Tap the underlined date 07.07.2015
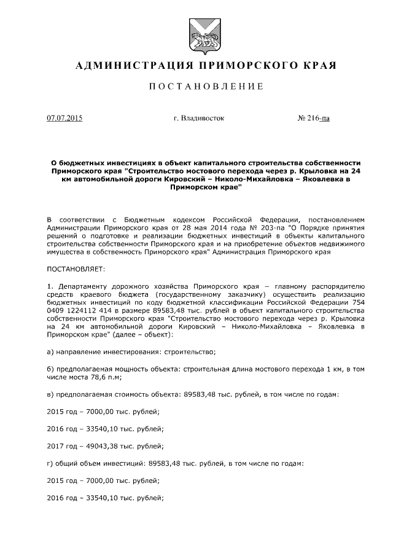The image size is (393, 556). pos(64,118)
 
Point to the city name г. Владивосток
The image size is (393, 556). pos(200,118)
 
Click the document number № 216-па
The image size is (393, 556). pos(313,118)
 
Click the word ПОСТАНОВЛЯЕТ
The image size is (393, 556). pos(76,268)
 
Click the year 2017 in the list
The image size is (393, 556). pos(55,446)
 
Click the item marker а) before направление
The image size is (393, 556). pos(51,351)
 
